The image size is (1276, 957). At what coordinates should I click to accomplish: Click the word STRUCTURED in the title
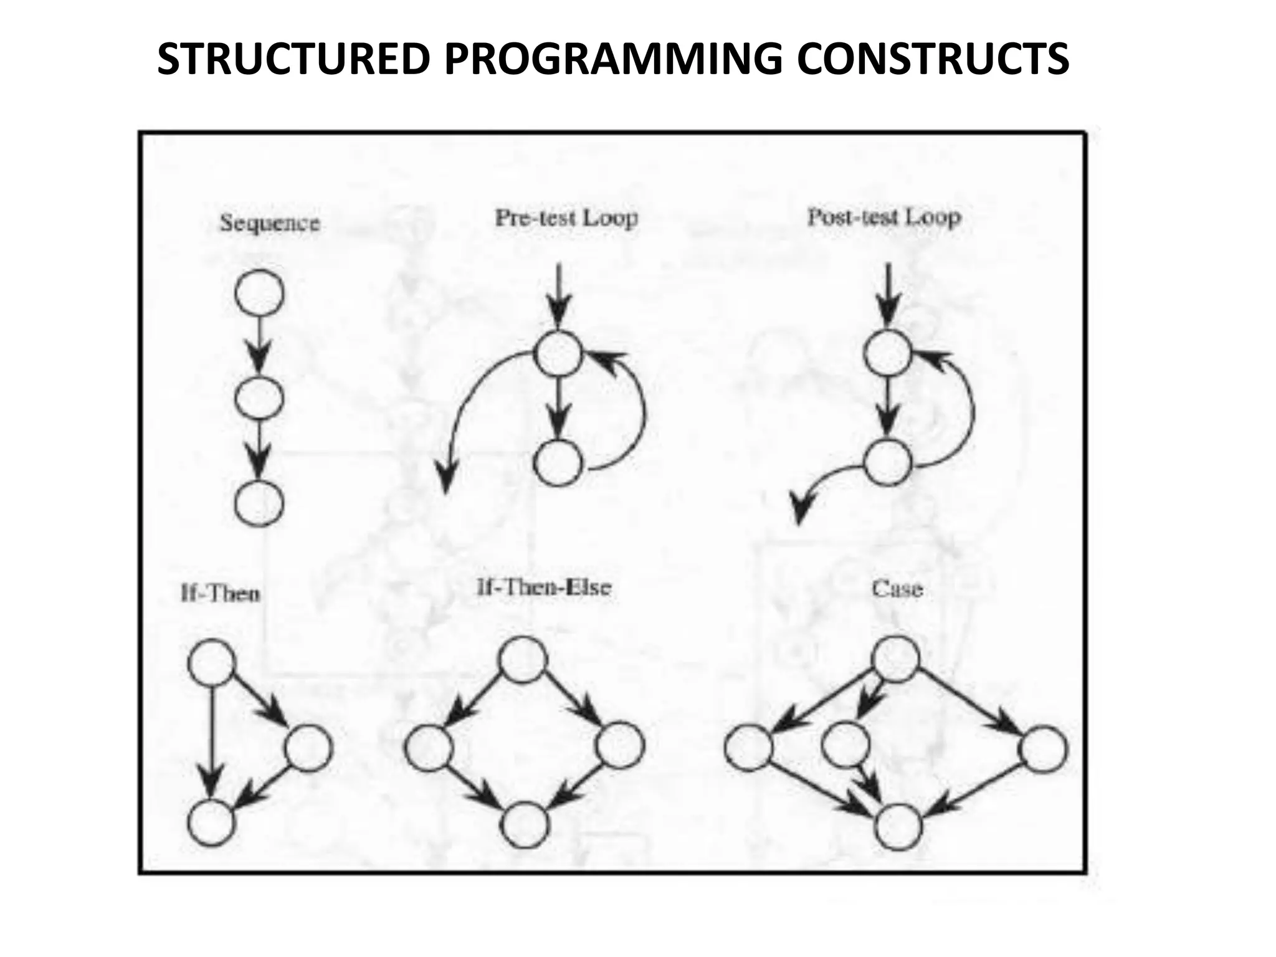pyautogui.click(x=293, y=59)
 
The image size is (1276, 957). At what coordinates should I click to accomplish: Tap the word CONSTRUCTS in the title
pyautogui.click(x=933, y=59)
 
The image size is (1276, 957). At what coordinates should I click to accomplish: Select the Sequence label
pyautogui.click(x=270, y=223)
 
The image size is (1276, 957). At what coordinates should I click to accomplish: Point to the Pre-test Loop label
pyautogui.click(x=566, y=218)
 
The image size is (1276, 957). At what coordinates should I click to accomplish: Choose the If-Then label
pyautogui.click(x=220, y=593)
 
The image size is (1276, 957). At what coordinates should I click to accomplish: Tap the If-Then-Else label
pyautogui.click(x=543, y=588)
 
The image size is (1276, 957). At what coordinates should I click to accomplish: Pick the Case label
pyautogui.click(x=897, y=588)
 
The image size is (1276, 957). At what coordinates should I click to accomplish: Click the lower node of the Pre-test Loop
pyautogui.click(x=558, y=463)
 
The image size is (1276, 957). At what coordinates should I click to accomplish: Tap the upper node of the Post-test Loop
pyautogui.click(x=887, y=353)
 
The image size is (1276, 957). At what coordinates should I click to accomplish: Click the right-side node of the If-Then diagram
pyautogui.click(x=308, y=748)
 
